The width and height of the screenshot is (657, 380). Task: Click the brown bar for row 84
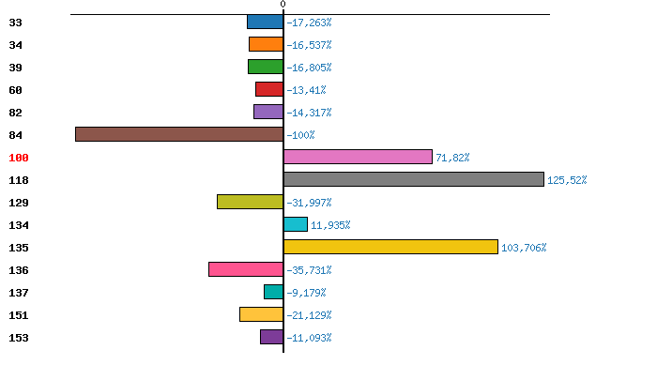pos(179,134)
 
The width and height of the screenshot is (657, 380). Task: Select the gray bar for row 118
pos(413,179)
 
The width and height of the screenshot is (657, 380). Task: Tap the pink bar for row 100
pos(358,157)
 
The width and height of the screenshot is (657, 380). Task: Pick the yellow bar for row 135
pos(390,247)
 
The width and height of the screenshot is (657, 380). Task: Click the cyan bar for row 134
pos(296,224)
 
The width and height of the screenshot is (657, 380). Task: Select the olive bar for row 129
pos(250,202)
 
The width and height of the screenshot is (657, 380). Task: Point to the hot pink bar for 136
pos(246,269)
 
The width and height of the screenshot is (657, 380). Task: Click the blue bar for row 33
pos(265,22)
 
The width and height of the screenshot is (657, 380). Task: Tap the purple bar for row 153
pos(271,337)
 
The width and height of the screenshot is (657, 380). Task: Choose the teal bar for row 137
pos(273,292)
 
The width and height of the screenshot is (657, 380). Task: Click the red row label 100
pos(19,158)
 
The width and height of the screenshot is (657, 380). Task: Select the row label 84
pos(15,135)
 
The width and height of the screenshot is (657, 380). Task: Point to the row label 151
pos(19,315)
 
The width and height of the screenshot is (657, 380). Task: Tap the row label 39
pos(15,68)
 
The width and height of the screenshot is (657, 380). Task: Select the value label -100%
pos(300,135)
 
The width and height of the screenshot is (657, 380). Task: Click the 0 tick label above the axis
pos(283,6)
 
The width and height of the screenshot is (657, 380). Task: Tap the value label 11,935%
pos(330,225)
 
